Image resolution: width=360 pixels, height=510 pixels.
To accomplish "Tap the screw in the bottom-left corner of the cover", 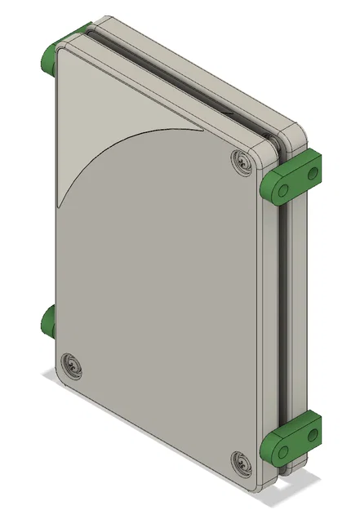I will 72,365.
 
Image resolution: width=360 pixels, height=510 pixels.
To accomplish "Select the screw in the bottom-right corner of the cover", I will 242,463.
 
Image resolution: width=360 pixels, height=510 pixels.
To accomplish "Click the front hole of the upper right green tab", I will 280,190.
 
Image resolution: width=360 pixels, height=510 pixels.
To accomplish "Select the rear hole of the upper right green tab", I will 311,173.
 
